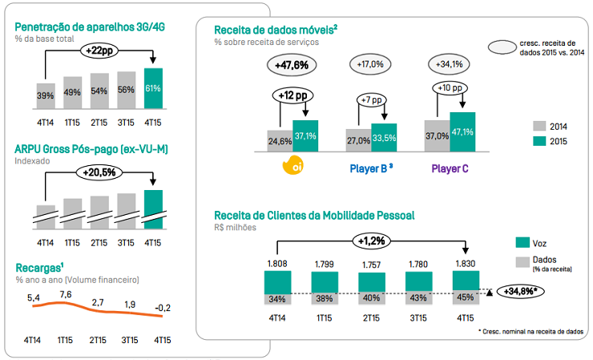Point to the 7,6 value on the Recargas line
point(66,293)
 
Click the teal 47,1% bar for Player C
point(463,131)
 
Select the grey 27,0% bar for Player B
point(358,139)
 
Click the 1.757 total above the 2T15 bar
point(370,264)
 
